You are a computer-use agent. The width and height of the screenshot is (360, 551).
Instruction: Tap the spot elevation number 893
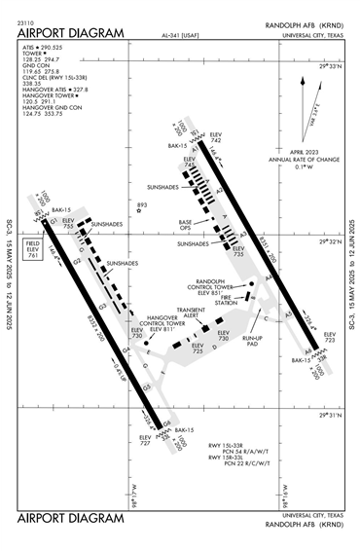point(142,204)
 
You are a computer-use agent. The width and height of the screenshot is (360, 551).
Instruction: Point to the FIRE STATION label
point(227,301)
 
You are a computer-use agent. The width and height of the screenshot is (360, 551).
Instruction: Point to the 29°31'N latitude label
point(333,416)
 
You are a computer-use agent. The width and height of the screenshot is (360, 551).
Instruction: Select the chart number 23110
point(27,19)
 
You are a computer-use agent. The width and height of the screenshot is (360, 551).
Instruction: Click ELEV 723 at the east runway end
point(329,338)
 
